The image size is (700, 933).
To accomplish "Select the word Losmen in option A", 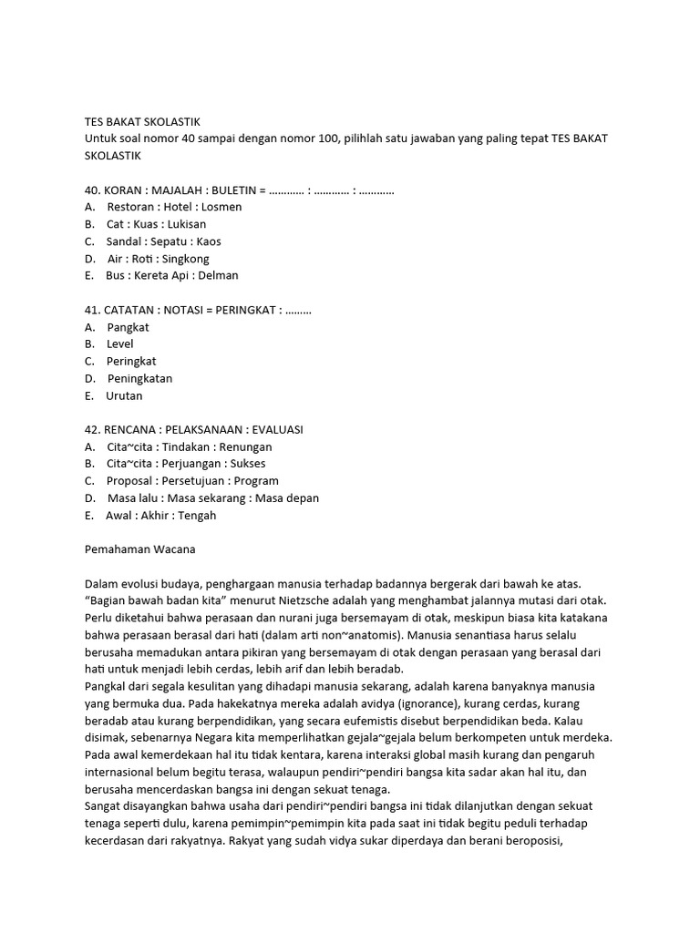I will tap(221, 207).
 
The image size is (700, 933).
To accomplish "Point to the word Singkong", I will tap(185, 259).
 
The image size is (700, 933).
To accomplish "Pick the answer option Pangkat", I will tap(128, 327).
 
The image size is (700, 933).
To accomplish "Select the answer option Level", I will tap(120, 344).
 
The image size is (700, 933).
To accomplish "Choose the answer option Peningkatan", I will tap(139, 378).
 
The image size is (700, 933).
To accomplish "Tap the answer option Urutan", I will tap(124, 395).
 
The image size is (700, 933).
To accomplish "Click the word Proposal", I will tap(129, 481).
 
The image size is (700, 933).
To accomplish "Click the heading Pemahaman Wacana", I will tap(139, 549).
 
